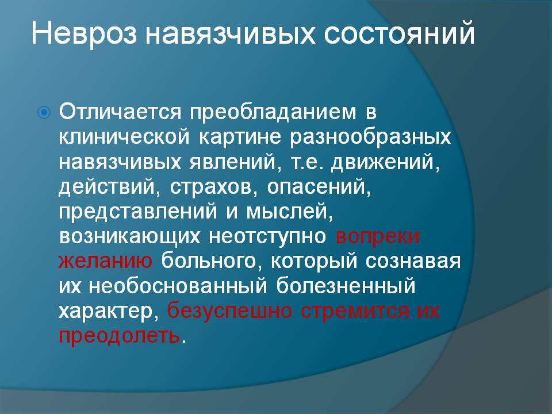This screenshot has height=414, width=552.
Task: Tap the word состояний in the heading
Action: point(400,34)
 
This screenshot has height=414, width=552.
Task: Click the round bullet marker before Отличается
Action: point(44,113)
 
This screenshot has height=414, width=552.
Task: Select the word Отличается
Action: point(120,112)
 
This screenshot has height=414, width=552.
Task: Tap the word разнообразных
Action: point(370,137)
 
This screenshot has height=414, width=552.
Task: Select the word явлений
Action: point(236,162)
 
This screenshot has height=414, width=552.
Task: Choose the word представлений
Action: point(138,212)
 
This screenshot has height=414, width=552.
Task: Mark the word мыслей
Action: point(289,212)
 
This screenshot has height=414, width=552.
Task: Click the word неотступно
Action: point(267,236)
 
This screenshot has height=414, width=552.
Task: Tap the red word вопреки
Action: point(378,236)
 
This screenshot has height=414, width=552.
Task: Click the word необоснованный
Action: point(178,286)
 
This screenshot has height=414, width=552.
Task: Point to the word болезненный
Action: point(346,286)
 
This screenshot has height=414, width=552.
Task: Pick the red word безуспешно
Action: point(229,310)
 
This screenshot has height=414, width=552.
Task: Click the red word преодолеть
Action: point(120,335)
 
